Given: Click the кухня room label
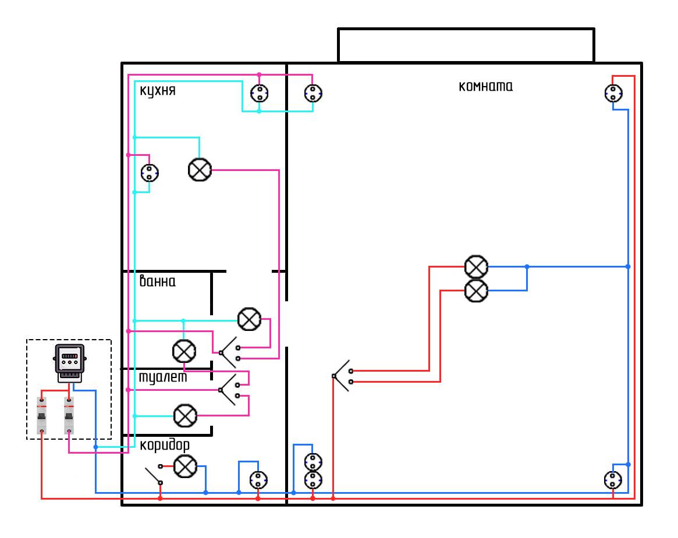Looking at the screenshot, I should [157, 92].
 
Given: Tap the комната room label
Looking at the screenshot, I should [486, 87].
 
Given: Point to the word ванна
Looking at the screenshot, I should [157, 282].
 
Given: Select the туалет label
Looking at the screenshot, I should [162, 377].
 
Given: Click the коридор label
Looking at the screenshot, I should [165, 446].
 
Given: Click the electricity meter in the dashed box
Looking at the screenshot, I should [70, 363].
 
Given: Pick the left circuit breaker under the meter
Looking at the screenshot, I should [42, 415].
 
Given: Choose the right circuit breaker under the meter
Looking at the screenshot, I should [69, 415].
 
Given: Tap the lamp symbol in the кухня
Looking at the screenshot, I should [200, 170].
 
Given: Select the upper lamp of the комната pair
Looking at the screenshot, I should [476, 266].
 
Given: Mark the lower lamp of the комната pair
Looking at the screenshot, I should [476, 290].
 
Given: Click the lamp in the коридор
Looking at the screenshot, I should [185, 466].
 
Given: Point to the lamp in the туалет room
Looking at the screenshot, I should [185, 415].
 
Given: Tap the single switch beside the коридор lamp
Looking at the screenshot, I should [154, 474].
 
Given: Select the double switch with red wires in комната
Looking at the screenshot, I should [342, 376].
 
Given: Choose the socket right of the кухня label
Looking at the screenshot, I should [259, 93].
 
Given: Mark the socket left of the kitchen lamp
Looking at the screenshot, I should [150, 173].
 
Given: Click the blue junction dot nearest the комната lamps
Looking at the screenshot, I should [527, 266].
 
